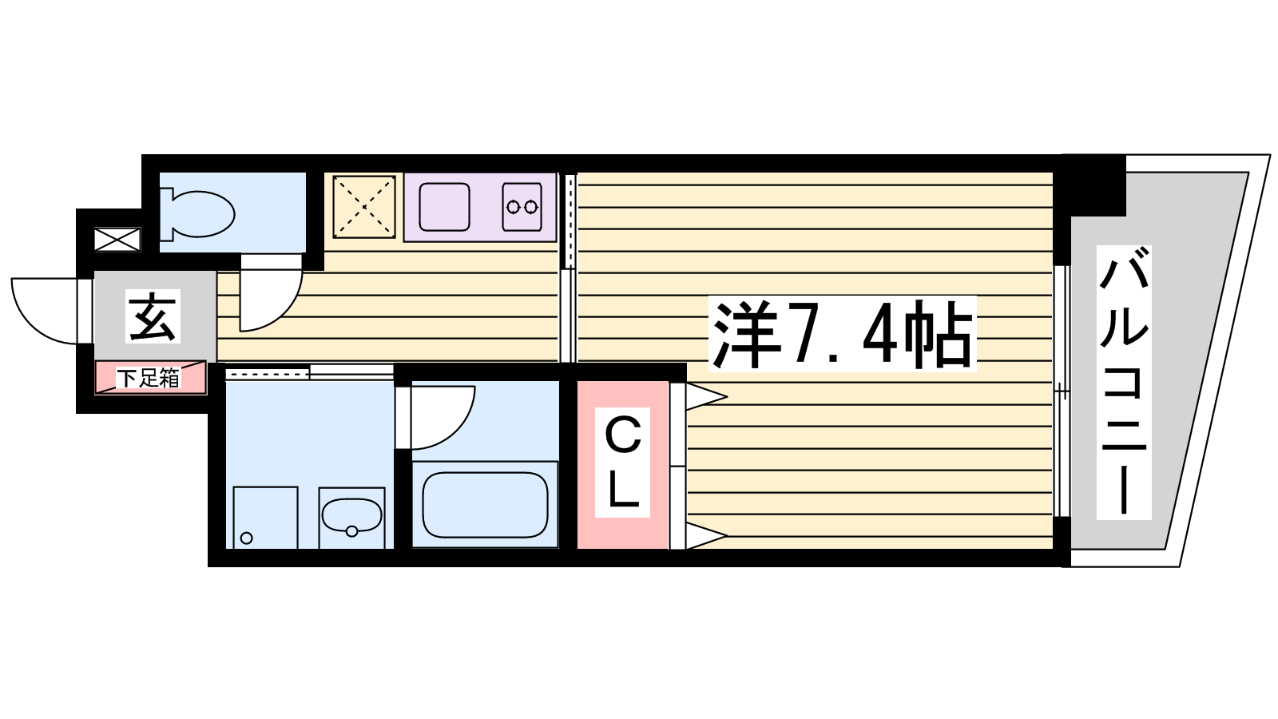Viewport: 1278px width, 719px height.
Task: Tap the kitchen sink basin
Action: pos(444,207)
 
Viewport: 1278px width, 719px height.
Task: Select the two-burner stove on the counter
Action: pos(522,207)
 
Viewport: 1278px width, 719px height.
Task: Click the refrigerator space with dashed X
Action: pos(364,207)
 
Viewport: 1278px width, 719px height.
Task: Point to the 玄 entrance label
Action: pos(153,316)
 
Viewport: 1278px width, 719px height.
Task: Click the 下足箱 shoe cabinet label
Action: pos(149,378)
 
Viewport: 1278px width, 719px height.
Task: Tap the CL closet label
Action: pos(622,463)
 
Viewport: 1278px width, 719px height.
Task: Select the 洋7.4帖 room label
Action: pos(842,334)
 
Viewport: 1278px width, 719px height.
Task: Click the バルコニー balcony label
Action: pos(1124,383)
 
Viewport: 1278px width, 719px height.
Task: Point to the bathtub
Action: pos(485,505)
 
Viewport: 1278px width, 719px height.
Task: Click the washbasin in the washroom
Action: pos(351,516)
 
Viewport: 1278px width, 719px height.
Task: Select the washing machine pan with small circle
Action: pos(265,518)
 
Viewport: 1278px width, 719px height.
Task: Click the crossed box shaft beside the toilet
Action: pos(117,239)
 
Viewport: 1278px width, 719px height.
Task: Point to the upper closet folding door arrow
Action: pos(706,396)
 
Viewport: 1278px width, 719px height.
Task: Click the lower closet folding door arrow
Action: pos(706,535)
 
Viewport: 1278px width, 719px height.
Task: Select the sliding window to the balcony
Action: pos(1062,391)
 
